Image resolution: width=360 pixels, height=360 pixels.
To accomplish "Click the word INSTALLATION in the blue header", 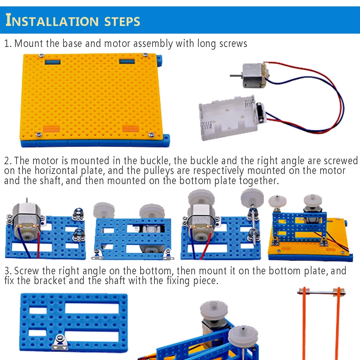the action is (52, 20).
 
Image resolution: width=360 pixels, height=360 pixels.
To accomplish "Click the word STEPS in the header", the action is (122, 21).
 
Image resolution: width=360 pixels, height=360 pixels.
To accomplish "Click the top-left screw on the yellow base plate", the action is (42, 55).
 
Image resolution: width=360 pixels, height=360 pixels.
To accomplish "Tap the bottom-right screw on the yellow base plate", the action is (151, 135).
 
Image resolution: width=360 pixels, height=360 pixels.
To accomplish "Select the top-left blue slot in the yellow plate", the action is (53, 62).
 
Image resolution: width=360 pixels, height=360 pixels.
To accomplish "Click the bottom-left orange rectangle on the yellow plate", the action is (51, 129).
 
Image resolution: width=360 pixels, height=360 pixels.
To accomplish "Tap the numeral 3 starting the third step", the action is (7, 271).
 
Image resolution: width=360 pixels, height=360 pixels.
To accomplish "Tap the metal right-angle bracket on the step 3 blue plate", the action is (60, 342).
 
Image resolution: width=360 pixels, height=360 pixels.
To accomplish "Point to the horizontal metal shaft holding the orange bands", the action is (321, 292).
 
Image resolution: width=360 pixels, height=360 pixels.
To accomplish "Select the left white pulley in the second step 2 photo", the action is (104, 210).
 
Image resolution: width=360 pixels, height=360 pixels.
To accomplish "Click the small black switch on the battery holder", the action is (260, 110).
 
